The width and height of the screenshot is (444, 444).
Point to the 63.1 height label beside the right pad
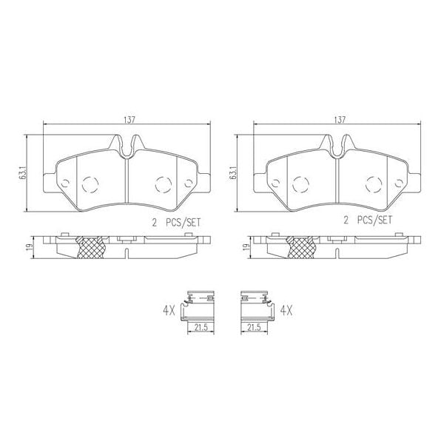[x=234, y=172]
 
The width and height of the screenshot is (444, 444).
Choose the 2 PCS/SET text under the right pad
[x=368, y=221]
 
